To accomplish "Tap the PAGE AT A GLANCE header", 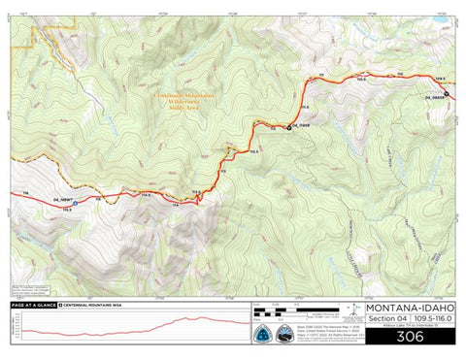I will coord(31,305).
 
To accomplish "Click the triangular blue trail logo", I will coord(263,331).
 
